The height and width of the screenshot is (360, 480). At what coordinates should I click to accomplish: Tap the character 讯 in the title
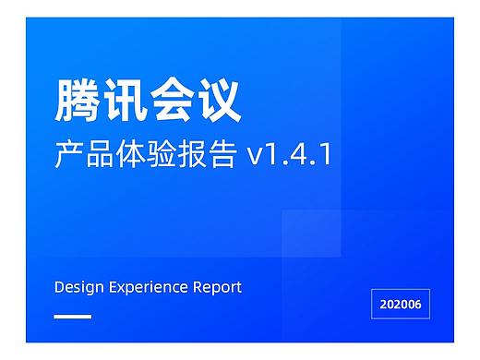click(x=126, y=100)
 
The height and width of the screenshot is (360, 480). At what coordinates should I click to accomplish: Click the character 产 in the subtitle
click(x=70, y=154)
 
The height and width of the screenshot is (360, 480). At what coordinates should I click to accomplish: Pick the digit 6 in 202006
click(x=423, y=303)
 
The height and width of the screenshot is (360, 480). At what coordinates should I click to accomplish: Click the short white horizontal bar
click(x=73, y=317)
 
